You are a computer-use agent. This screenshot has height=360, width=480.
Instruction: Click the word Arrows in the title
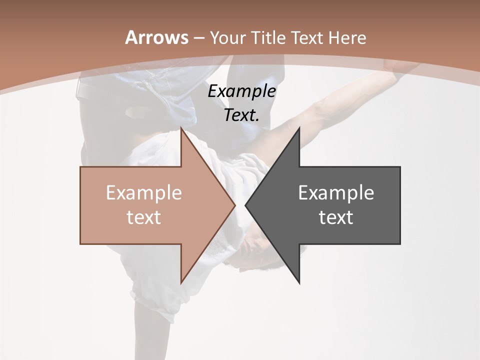(156, 37)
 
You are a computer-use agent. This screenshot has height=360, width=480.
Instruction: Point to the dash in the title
(198, 38)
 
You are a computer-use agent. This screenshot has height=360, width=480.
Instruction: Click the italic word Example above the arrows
(241, 91)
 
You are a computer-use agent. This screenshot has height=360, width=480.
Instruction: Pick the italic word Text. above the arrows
(241, 115)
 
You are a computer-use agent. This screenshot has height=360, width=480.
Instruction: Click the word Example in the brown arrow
(143, 193)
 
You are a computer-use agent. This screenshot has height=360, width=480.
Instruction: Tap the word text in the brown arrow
(143, 217)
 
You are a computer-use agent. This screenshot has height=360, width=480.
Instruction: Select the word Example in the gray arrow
(336, 193)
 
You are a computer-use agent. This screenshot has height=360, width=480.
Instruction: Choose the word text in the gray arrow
(336, 217)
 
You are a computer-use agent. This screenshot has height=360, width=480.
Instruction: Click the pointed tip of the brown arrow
(234, 205)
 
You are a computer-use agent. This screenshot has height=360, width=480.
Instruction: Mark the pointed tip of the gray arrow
(246, 205)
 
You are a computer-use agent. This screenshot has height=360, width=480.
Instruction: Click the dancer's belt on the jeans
(95, 90)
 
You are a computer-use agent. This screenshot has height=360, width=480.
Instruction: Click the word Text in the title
(307, 37)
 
